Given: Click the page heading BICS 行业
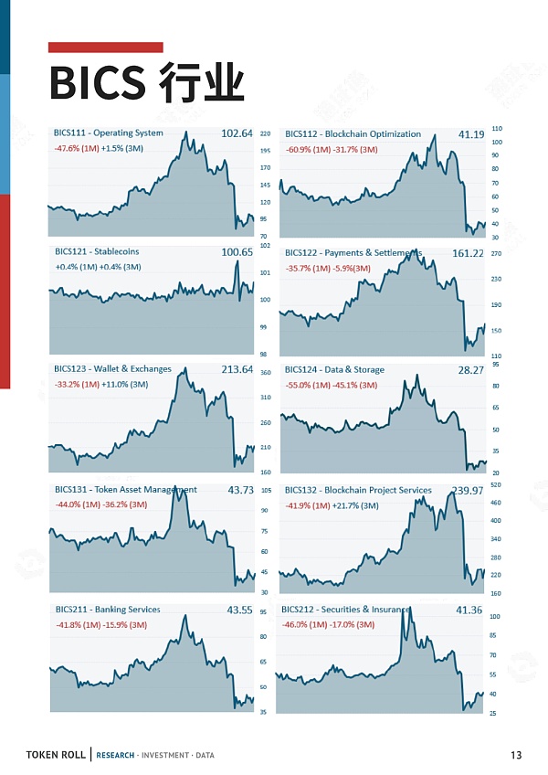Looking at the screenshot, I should (146, 83).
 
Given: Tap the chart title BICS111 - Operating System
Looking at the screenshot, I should (109, 133).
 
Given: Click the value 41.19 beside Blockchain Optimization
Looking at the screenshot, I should (471, 134).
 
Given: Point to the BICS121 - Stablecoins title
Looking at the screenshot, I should (97, 251).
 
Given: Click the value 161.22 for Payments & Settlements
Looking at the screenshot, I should (468, 253).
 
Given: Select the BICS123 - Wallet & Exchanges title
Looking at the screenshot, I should (112, 369).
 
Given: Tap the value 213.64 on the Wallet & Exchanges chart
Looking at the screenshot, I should (237, 370).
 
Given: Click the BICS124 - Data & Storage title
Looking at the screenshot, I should (334, 370).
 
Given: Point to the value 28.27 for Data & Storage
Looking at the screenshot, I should (471, 370).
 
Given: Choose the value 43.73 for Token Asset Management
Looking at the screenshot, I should (241, 491).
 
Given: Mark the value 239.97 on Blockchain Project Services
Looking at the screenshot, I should (467, 491).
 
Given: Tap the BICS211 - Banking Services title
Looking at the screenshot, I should (107, 610).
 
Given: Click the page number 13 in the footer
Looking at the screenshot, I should (516, 755).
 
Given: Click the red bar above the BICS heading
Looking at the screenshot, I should (105, 47).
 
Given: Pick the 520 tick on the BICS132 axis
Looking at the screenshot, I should (495, 484).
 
